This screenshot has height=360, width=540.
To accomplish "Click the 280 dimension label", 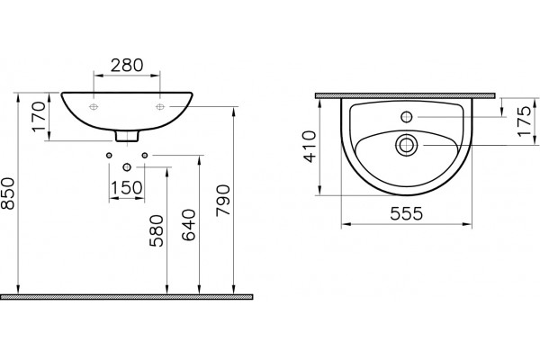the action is click(126, 65).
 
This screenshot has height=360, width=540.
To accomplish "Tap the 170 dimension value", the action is click(40, 116).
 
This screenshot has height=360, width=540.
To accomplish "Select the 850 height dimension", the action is click(8, 193).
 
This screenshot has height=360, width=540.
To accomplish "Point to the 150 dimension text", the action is click(126, 188).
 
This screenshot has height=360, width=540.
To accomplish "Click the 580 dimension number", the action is click(157, 230).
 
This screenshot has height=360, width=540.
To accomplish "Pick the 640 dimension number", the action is click(189, 225).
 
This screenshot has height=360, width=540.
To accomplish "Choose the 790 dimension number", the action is click(223, 201).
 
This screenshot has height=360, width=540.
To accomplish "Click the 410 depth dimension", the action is click(310, 147).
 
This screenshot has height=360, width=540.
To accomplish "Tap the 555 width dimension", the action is click(407, 213).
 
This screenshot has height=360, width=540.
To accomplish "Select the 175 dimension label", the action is click(526, 121).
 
